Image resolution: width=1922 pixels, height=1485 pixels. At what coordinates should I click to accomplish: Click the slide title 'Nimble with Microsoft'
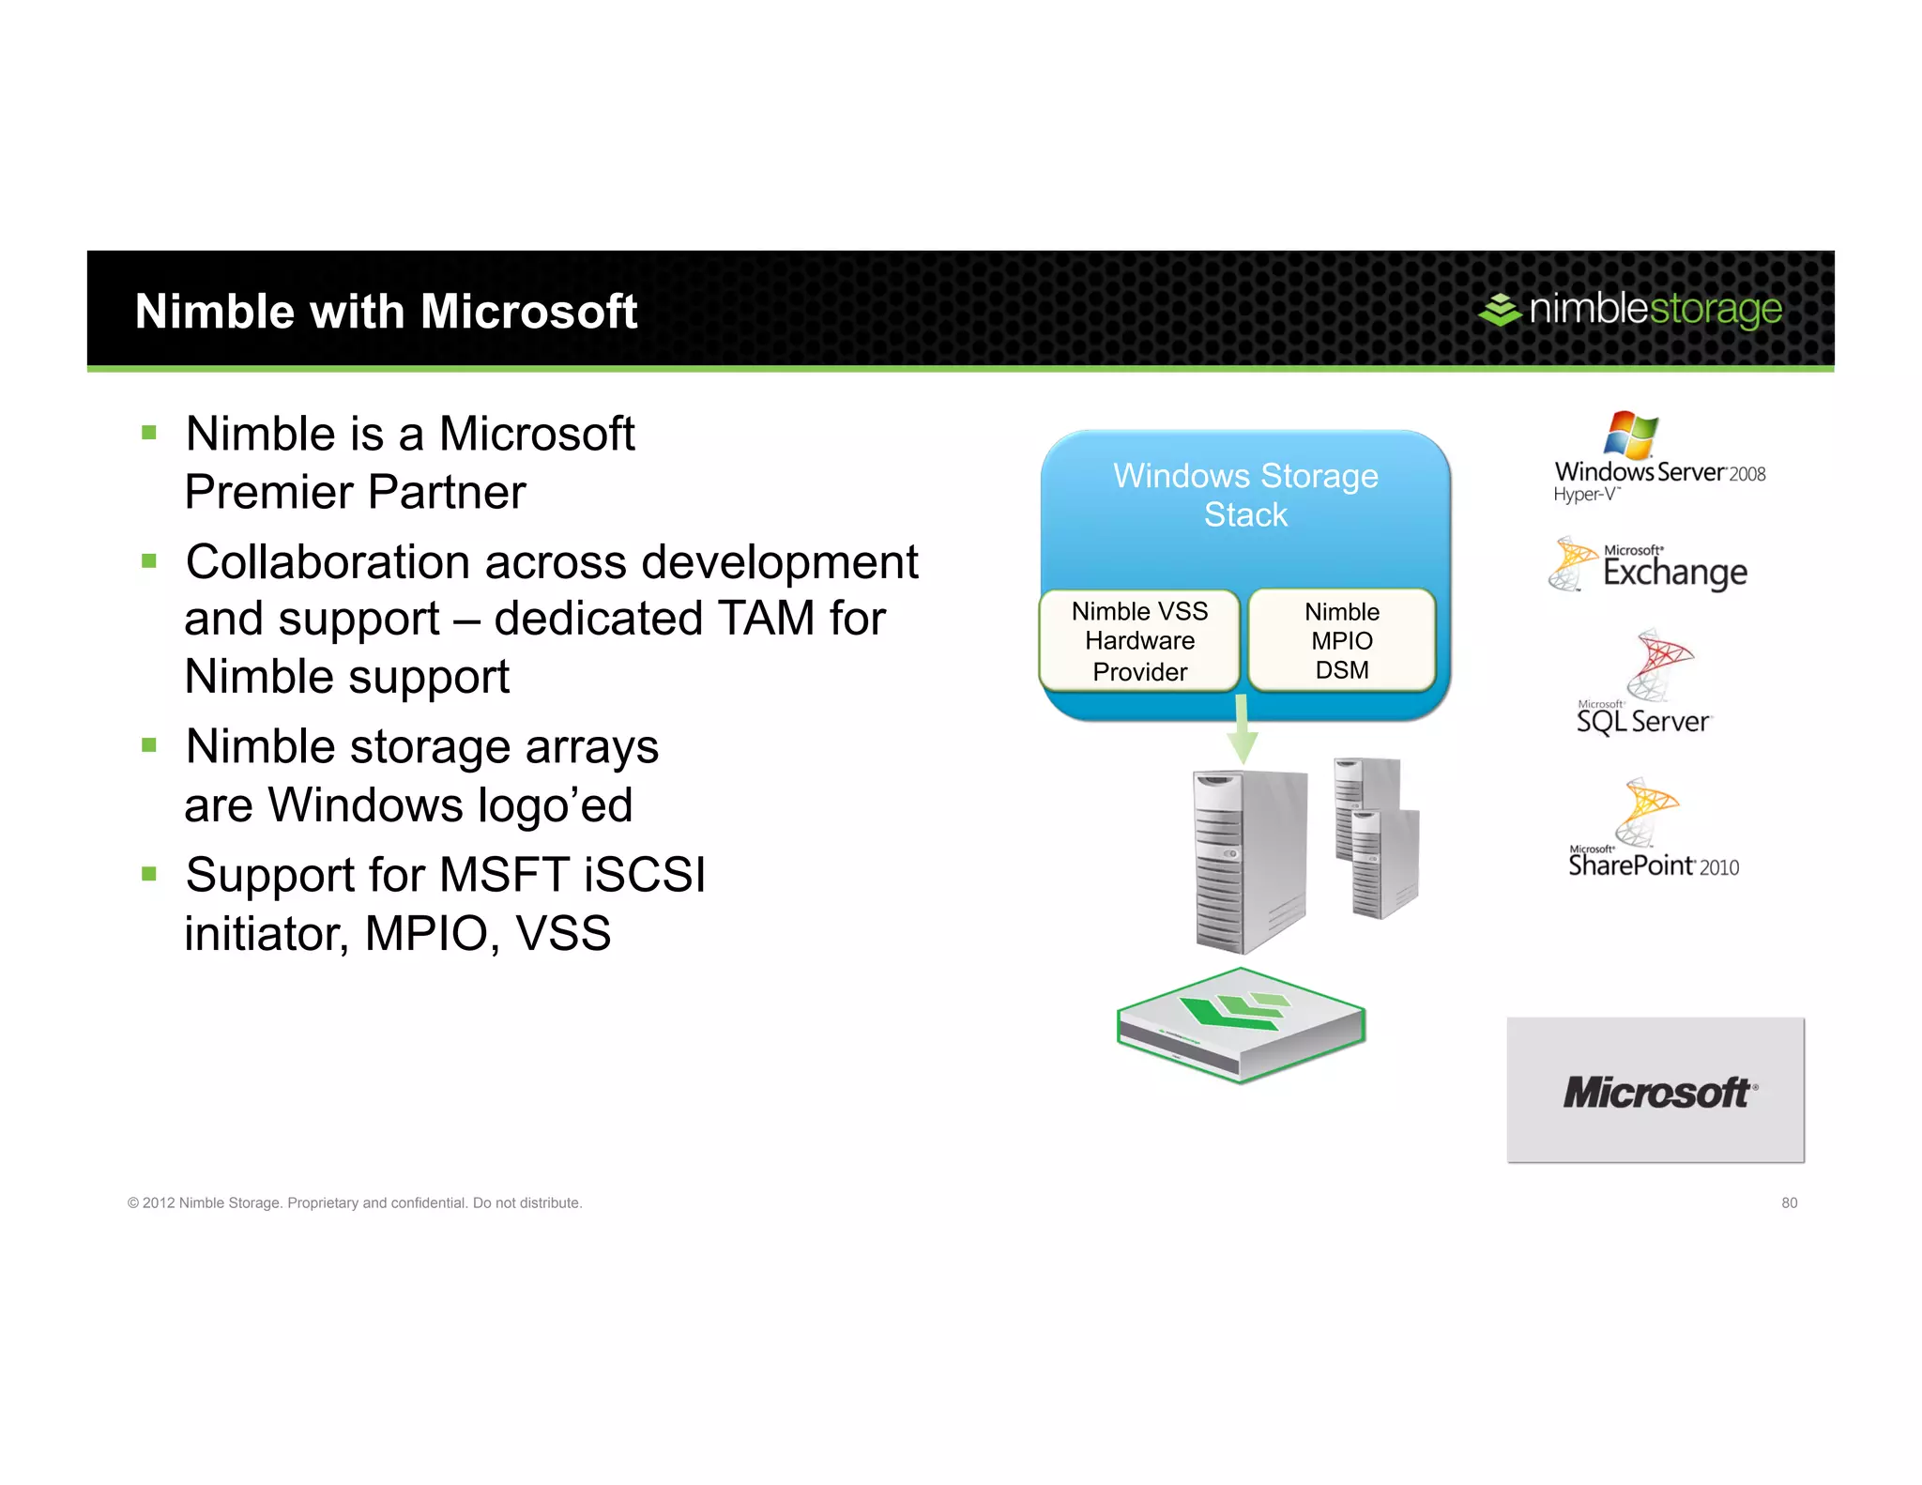pos(386,312)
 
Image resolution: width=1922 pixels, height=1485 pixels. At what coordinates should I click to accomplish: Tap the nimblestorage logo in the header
pos(1630,309)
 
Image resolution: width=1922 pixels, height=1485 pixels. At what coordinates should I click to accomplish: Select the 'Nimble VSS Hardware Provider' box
pos(1139,641)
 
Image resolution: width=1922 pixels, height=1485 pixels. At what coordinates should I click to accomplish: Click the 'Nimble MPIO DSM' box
pos(1342,641)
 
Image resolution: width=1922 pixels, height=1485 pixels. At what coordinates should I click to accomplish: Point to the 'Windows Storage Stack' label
pos(1245,495)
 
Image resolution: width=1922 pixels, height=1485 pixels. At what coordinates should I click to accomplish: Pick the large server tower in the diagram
pos(1249,859)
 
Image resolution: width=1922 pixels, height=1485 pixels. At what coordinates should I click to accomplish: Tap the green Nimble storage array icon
pos(1241,1025)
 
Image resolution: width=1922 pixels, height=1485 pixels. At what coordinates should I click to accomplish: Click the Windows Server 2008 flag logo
pos(1631,435)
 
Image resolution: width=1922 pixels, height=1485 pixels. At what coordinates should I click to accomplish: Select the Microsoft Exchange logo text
pos(1674,571)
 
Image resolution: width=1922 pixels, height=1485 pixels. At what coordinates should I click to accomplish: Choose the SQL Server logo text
pos(1643,721)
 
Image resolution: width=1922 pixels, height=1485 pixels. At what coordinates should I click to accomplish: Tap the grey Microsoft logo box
pos(1655,1090)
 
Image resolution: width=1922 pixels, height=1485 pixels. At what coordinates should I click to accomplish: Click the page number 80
pos(1789,1202)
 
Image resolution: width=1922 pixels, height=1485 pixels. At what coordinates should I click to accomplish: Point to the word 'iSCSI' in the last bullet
pos(644,875)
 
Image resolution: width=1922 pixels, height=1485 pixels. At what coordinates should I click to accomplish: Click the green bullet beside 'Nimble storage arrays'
pos(148,745)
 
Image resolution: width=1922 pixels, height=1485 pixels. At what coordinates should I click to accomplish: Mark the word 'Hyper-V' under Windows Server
pos(1585,495)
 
